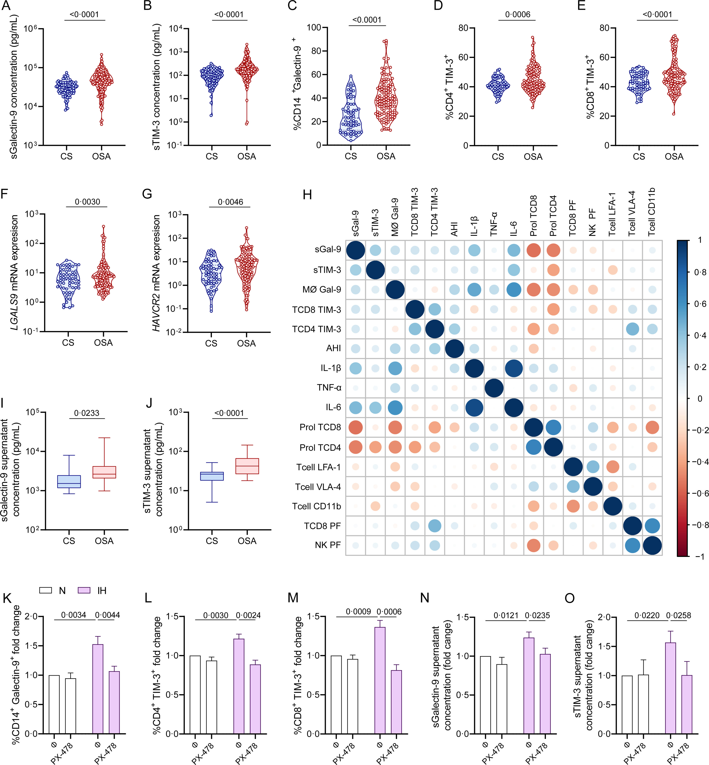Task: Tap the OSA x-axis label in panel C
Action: point(386,156)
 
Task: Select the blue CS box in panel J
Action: point(212,476)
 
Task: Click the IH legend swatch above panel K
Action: point(84,590)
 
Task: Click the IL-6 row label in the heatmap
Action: point(333,407)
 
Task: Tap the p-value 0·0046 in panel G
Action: point(230,202)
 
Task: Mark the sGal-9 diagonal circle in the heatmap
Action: point(356,250)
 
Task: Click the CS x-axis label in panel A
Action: point(66,156)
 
